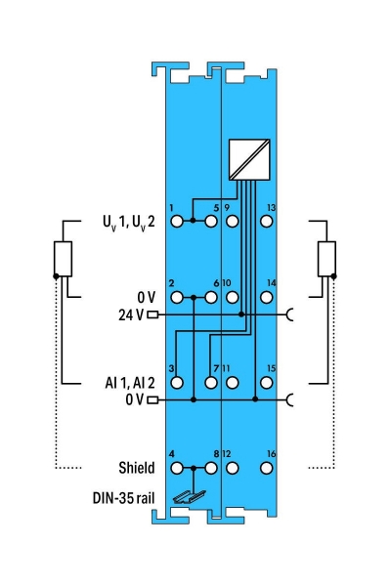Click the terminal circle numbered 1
click(177, 221)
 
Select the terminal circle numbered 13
click(267, 221)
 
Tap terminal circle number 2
click(177, 296)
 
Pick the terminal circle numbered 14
click(267, 296)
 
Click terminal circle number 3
click(177, 382)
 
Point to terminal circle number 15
click(267, 382)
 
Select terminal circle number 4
click(177, 468)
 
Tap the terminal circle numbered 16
click(267, 468)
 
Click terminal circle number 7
click(212, 382)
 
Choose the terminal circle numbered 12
click(232, 468)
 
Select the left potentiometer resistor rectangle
click(65, 259)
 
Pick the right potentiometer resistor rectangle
click(326, 259)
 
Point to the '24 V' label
click(130, 315)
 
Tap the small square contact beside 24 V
click(152, 315)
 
